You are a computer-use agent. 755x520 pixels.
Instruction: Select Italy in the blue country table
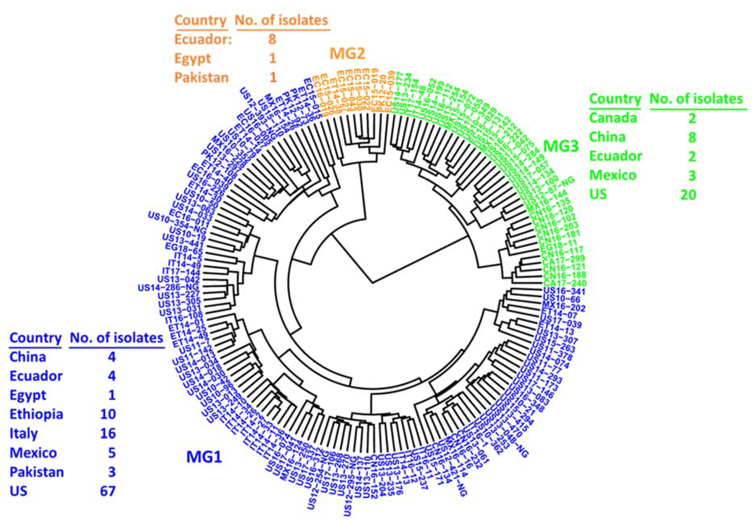tap(24, 434)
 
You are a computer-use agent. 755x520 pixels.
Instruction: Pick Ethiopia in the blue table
tap(36, 414)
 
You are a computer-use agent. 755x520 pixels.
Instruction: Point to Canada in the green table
tap(613, 118)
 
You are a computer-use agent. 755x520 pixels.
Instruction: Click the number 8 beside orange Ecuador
tap(272, 39)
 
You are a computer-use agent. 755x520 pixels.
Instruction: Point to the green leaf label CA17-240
tap(564, 283)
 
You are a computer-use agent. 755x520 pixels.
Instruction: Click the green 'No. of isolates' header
tap(696, 99)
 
